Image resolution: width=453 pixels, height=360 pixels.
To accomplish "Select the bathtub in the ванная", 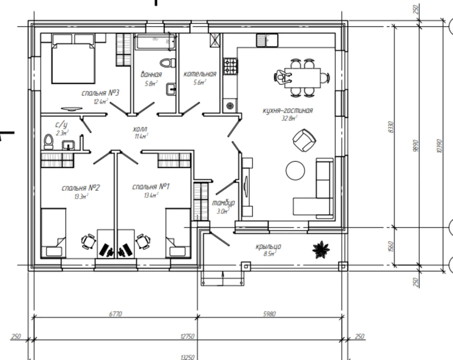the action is [x=155, y=42].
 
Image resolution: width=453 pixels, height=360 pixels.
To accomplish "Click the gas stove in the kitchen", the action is [x=231, y=66].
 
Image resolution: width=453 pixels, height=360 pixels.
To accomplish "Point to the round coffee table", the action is [x=295, y=170].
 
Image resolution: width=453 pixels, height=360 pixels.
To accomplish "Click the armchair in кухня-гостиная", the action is [x=304, y=140].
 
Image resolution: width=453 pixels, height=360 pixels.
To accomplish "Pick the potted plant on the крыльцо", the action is [x=321, y=250].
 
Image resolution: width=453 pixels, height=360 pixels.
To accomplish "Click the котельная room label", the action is [x=200, y=74].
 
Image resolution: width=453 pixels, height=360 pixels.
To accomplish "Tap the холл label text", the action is [x=140, y=129].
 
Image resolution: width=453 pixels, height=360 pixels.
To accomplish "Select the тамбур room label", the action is [x=223, y=203].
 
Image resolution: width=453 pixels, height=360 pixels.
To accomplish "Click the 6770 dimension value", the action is [x=115, y=314].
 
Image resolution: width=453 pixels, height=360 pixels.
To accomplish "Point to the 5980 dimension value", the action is [x=269, y=314].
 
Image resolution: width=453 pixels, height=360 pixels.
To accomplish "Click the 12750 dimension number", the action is [x=187, y=336].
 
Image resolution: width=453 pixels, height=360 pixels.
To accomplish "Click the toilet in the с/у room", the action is [x=48, y=142].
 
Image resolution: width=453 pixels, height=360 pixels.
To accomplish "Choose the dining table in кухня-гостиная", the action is [x=303, y=78].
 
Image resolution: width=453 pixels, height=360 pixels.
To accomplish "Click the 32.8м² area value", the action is [x=289, y=118].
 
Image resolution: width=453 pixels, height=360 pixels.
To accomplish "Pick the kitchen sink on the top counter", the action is [x=267, y=40].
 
